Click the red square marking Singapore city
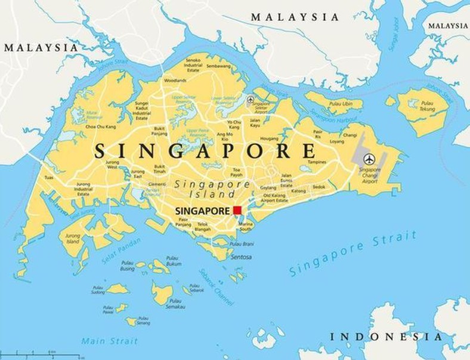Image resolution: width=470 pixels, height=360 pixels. pos(237,210)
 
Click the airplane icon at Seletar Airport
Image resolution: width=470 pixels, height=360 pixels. pos(251,100)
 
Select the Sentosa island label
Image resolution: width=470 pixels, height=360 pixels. pos(240,257)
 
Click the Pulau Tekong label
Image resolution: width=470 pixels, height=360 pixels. pos(426,106)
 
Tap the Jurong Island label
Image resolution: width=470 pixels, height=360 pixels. pos(72,238)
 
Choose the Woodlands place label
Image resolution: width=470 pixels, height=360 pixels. pos(175,80)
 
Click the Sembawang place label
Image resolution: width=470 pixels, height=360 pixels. pos(218,66)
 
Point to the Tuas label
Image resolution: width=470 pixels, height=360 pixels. pos(49,177)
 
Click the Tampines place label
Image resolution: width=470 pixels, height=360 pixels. pos(316,162)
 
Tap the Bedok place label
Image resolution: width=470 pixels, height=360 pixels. pos(319,187)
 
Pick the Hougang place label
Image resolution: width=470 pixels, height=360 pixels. pos(270,138)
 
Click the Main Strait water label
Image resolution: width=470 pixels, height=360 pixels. pos(109,341)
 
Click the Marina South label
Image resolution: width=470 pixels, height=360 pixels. pos(245,226)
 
